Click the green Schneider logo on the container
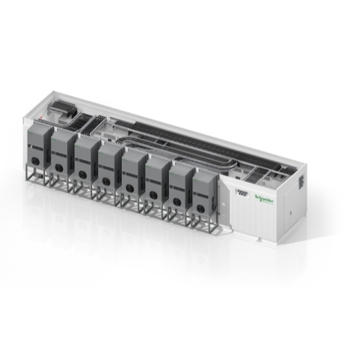pyautogui.click(x=264, y=197)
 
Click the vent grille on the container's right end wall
pyautogui.click(x=303, y=181)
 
